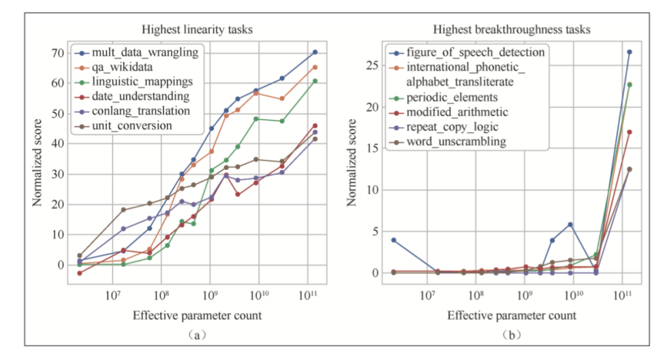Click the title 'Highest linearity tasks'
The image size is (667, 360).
pyautogui.click(x=197, y=29)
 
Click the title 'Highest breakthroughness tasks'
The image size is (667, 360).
pyautogui.click(x=511, y=29)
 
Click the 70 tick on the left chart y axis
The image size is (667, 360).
pyautogui.click(x=56, y=53)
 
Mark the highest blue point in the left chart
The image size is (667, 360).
pyautogui.click(x=315, y=52)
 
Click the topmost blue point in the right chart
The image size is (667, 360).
pyautogui.click(x=629, y=52)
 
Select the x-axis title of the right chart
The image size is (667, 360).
pyautogui.click(x=511, y=316)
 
